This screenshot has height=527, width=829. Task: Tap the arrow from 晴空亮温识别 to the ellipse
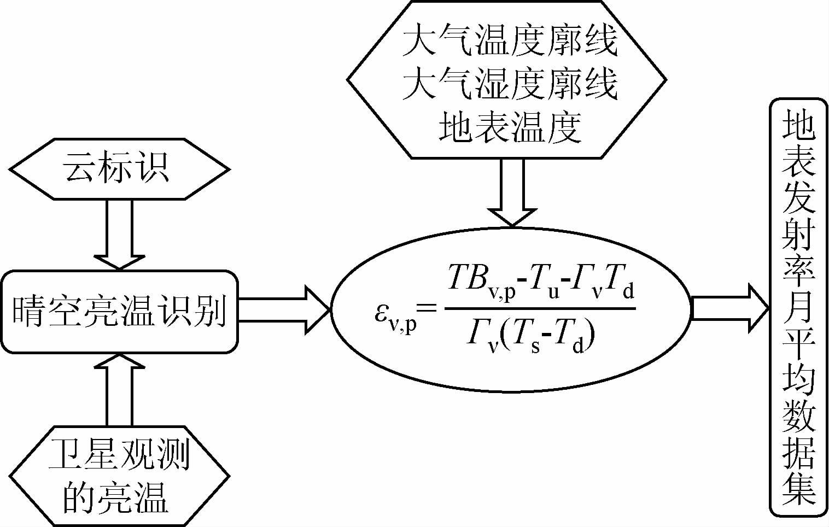pos(284,310)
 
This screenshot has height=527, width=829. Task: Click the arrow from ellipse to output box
pos(730,309)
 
